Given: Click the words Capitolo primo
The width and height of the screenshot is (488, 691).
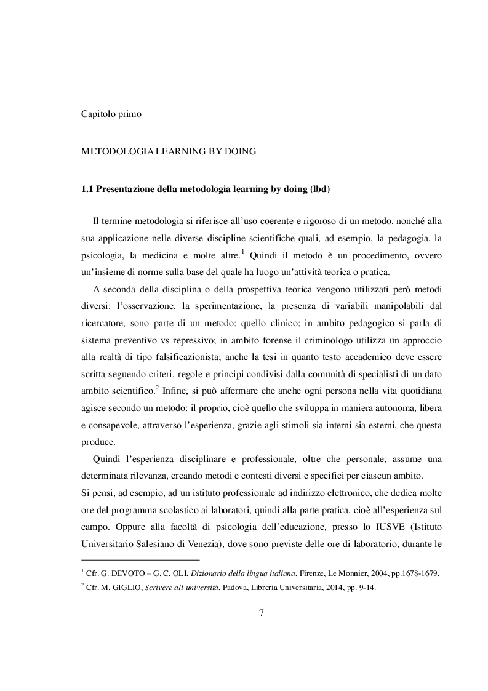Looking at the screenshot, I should point(112,113).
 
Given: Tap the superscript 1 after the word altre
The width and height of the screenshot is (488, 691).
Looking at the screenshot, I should point(226,250).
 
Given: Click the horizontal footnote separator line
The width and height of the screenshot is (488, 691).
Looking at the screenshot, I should point(141,560).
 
